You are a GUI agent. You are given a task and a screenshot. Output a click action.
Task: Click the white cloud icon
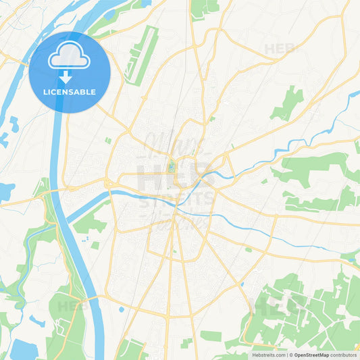[69, 55]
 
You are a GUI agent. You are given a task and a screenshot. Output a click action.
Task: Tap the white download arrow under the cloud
[68, 78]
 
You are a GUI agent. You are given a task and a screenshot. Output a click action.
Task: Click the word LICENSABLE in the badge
[70, 92]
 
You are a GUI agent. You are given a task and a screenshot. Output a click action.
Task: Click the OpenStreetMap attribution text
[317, 354]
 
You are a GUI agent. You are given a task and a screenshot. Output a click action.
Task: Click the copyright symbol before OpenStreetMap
[290, 354]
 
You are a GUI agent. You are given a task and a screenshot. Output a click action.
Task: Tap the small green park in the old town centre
[172, 165]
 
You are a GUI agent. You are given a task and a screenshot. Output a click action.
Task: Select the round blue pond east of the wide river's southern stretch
[120, 310]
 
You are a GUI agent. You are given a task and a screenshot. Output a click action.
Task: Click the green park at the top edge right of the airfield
[204, 8]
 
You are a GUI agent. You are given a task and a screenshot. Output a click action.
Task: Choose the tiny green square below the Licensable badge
[107, 140]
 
